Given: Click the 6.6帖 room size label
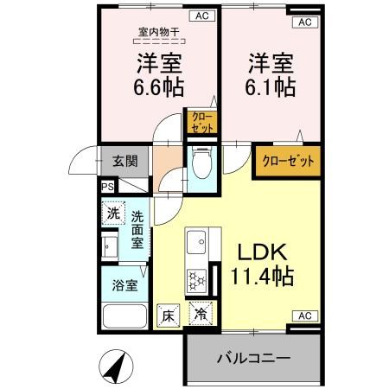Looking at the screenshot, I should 157,87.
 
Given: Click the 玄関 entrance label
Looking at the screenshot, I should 124,160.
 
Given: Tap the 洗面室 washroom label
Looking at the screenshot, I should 137,229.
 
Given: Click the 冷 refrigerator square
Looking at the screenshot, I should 201,316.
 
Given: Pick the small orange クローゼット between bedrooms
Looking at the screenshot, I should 200,121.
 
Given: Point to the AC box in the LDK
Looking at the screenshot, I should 305,316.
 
